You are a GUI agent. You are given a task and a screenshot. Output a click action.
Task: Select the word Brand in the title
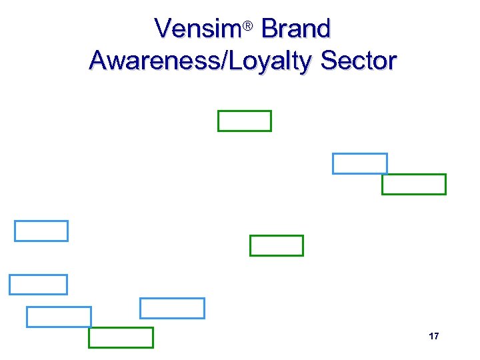click(296, 29)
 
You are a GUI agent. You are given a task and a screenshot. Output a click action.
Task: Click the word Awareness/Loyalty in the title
click(201, 61)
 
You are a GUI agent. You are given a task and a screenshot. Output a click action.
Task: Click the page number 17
click(434, 336)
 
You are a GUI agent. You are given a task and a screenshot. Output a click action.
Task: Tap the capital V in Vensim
click(163, 29)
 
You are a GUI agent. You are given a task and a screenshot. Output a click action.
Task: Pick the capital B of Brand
click(269, 29)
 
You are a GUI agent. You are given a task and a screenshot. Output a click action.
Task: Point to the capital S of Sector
click(329, 61)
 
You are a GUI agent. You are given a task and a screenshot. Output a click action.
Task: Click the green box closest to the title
click(245, 121)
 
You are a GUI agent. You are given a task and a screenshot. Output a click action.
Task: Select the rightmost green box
click(413, 184)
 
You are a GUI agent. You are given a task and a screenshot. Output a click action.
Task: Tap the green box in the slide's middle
click(276, 245)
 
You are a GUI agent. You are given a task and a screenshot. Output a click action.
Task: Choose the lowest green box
click(121, 337)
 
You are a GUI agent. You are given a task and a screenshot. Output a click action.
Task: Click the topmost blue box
click(359, 163)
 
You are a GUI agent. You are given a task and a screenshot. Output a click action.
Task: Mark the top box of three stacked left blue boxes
click(41, 231)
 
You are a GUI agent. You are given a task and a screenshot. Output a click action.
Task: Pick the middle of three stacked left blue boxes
click(38, 285)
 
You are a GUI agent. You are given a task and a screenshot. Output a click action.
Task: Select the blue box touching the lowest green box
click(59, 317)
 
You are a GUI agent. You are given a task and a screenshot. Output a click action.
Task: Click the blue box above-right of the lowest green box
click(172, 308)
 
